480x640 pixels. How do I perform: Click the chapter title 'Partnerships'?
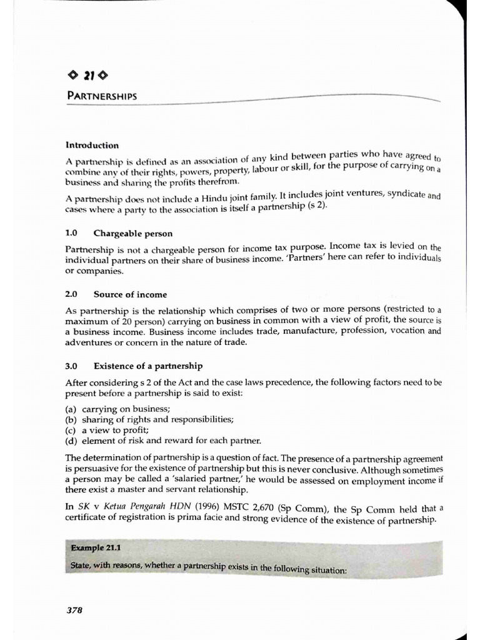tap(102, 96)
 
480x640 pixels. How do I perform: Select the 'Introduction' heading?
tap(92, 145)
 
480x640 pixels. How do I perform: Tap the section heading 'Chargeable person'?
tap(133, 233)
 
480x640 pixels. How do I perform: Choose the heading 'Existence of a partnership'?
tap(148, 366)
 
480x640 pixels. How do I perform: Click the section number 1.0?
tap(71, 233)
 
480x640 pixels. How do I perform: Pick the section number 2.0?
tap(71, 294)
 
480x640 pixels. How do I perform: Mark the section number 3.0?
tap(71, 366)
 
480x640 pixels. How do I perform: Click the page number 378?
tap(75, 610)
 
